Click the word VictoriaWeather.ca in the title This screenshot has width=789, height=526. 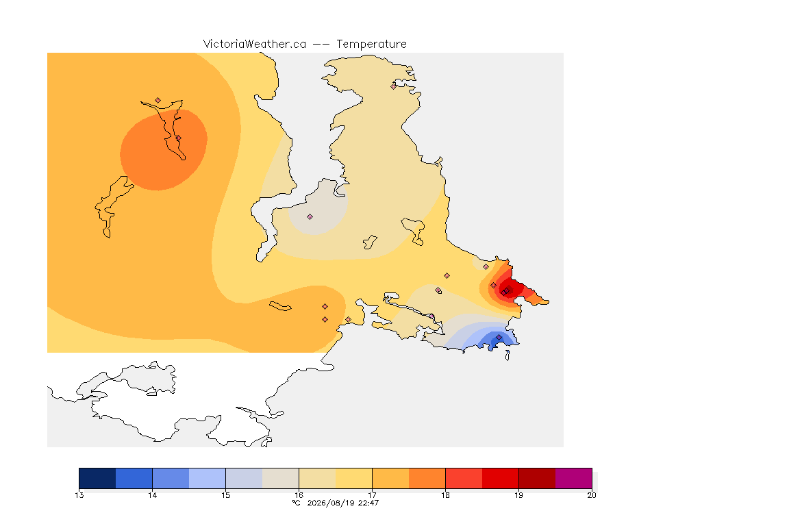pos(255,44)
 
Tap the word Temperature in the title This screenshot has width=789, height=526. pos(371,44)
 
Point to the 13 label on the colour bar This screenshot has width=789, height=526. pos(79,495)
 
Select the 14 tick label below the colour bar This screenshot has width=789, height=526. pos(153,495)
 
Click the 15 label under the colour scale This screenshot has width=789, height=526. pos(225,495)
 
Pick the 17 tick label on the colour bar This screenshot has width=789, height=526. pos(372,495)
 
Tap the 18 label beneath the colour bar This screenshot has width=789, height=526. pos(445,495)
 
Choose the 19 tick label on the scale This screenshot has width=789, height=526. pos(518,495)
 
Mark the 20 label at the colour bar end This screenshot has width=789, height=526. pos(592,495)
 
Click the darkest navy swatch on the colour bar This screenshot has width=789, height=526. pos(98,478)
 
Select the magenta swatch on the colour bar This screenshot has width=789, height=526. pos(574,478)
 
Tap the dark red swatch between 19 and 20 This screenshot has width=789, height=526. pos(537,478)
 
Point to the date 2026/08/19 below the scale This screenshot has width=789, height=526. pos(331,503)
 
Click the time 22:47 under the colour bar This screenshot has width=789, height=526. pos(368,503)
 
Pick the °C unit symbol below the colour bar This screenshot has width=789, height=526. pos(297,503)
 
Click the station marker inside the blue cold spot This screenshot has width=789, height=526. pos(499,337)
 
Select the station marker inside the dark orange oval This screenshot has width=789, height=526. pos(178,138)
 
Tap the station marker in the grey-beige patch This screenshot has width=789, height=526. pos(310,217)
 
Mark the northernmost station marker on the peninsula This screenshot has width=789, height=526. pos(394,86)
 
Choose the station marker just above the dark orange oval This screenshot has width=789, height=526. pos(158,101)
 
